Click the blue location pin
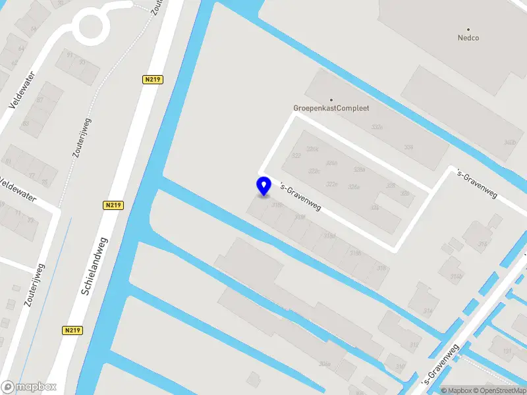click(x=263, y=186)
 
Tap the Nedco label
click(x=468, y=38)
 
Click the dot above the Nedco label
click(x=468, y=29)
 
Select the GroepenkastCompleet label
click(x=331, y=108)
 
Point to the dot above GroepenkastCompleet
click(x=331, y=99)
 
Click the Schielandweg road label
click(x=95, y=266)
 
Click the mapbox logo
click(x=29, y=387)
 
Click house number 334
click(x=408, y=147)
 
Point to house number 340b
click(x=510, y=142)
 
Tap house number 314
click(x=428, y=311)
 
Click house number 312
click(x=414, y=344)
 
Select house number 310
click(x=400, y=366)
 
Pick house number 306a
click(x=324, y=363)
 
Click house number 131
click(x=507, y=352)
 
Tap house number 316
click(x=381, y=268)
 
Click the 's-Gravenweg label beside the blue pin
click(x=300, y=197)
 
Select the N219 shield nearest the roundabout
click(x=152, y=80)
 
